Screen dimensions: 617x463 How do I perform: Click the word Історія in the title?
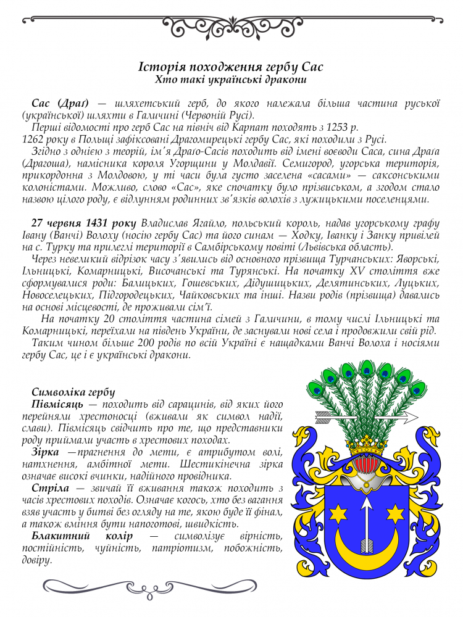pyautogui.click(x=159, y=66)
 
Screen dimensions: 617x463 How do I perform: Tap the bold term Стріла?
pyautogui.click(x=49, y=487)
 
